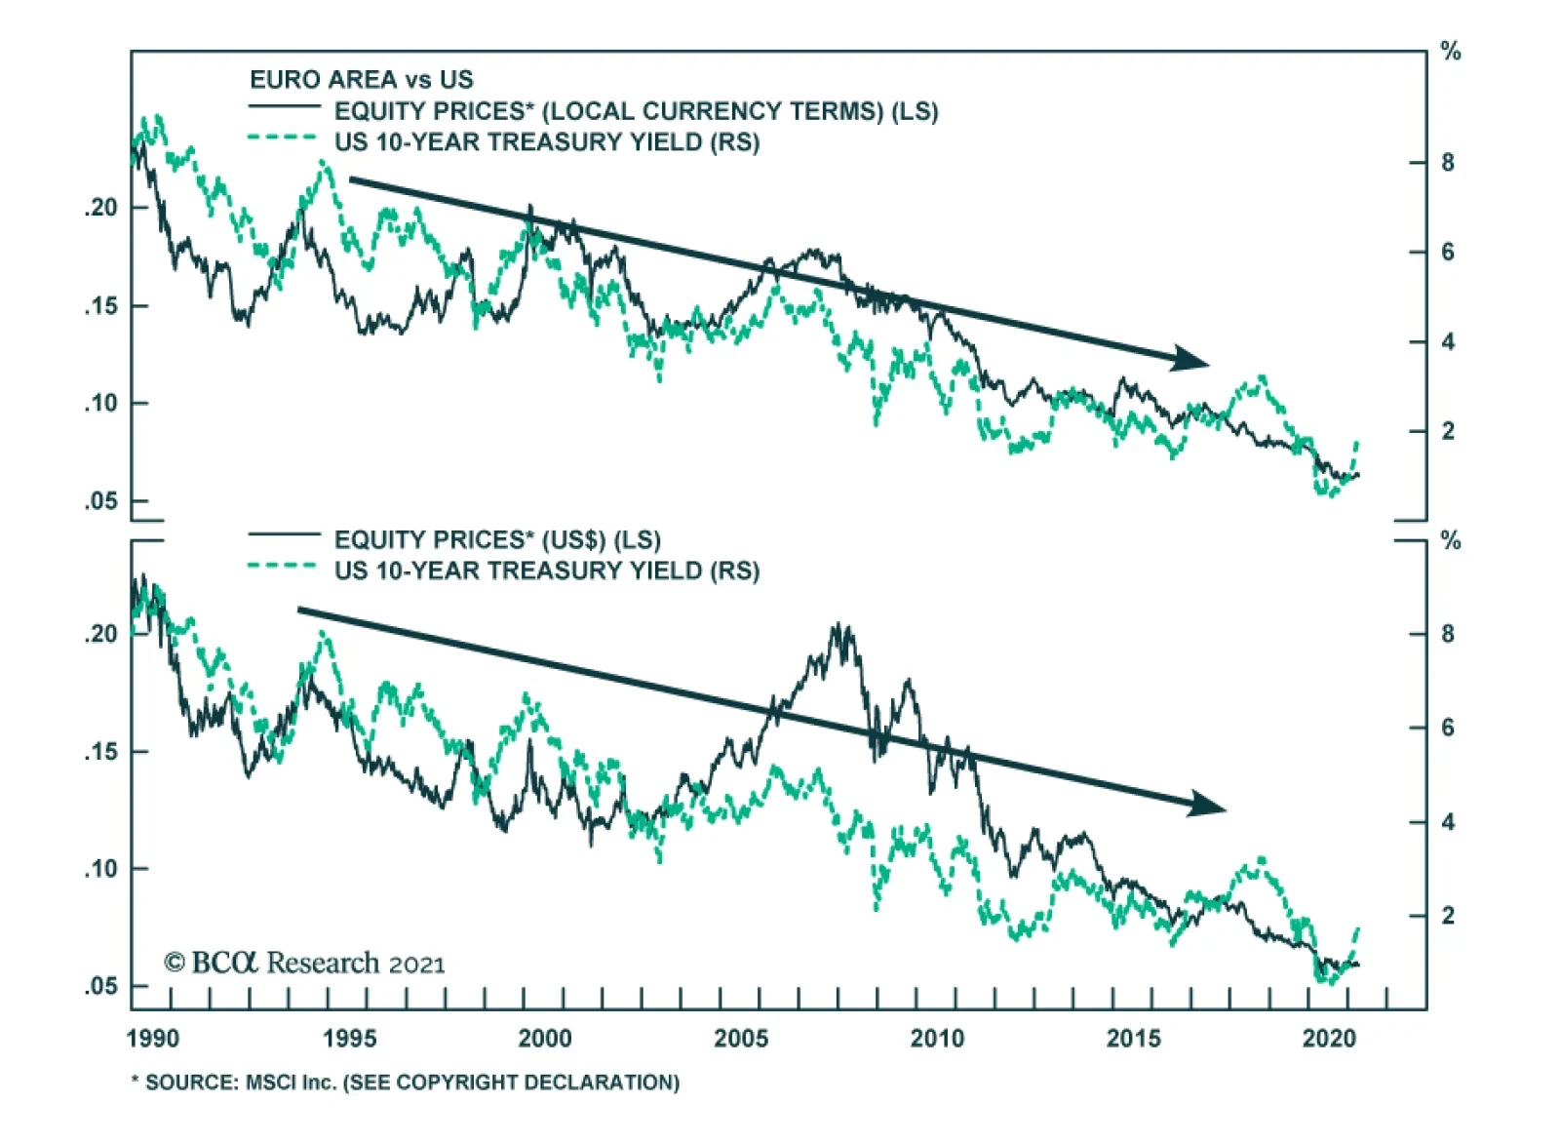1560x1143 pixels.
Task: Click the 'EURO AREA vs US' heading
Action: [361, 80]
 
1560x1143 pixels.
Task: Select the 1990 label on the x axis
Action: [153, 1038]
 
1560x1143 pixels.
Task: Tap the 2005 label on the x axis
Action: [741, 1038]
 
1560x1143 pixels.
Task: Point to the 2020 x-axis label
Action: [1329, 1038]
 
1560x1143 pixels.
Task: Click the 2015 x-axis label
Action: [1133, 1038]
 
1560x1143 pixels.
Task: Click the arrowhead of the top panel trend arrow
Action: [1191, 358]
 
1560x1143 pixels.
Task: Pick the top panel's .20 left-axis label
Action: [100, 208]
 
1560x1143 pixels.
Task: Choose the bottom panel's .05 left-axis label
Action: [100, 986]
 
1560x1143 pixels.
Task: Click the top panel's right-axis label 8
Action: [1448, 163]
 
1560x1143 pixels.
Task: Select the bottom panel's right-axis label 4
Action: [1448, 822]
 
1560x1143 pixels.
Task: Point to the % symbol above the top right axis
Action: [1451, 52]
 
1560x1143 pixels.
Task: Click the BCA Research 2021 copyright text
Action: [304, 964]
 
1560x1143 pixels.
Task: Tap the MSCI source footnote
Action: [406, 1083]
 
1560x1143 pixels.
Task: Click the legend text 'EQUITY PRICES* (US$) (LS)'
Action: [497, 540]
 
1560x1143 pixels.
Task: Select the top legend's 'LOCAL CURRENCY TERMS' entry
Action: [636, 111]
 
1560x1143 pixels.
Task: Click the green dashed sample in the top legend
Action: [283, 138]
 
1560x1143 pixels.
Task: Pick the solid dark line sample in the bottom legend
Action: [284, 534]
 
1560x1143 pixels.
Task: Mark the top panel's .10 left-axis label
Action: [100, 403]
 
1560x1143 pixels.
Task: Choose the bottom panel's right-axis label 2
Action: [1448, 916]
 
